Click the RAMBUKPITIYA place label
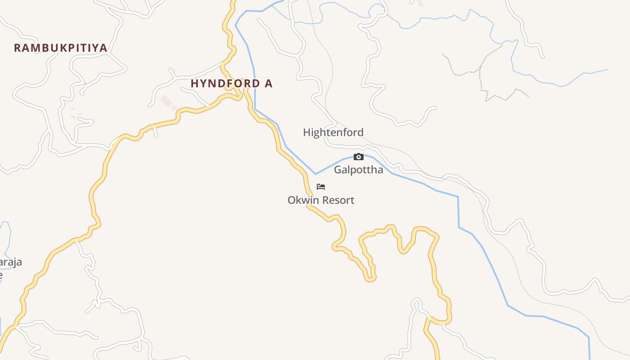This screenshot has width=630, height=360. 60,48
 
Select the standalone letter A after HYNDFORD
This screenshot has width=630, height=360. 269,84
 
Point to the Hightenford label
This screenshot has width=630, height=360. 333,132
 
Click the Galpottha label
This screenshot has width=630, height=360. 358,170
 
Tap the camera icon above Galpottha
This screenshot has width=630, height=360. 359,157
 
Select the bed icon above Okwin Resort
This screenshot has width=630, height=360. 321,186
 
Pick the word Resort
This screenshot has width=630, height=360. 337,200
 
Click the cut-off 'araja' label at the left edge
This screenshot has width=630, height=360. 11,262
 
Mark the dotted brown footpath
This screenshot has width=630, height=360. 481,76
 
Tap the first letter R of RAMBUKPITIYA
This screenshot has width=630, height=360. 18,48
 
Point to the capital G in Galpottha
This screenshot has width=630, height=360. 338,170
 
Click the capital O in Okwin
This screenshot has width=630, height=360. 292,200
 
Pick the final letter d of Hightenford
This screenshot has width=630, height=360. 360,132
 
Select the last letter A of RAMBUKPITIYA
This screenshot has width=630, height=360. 103,48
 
